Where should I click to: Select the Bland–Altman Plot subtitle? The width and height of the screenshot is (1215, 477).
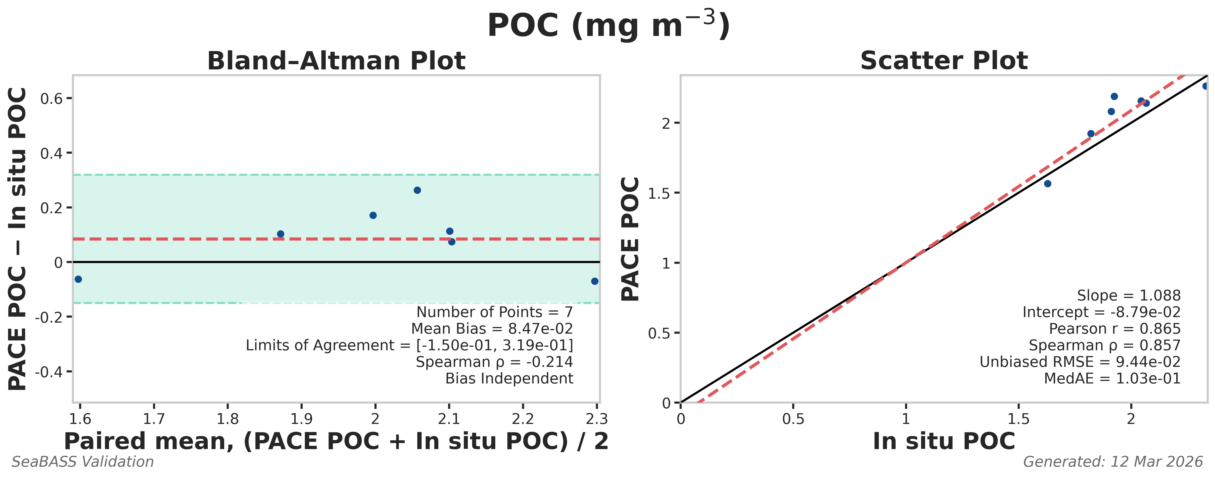coord(336,61)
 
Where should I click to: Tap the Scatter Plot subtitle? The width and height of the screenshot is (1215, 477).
coord(944,61)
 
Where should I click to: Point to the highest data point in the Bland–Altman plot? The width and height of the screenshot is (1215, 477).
coord(417,190)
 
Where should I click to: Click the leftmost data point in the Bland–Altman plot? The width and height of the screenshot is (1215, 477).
coord(78,279)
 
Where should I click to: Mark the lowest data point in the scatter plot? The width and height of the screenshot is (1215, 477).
coord(1048,184)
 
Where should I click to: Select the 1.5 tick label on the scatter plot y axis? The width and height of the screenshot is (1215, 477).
coord(659,193)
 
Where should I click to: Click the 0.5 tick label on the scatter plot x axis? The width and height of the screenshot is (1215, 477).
coord(793,418)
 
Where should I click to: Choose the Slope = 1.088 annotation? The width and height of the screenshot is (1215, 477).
coord(1128,295)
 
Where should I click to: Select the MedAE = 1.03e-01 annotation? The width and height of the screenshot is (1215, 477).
coord(1112,378)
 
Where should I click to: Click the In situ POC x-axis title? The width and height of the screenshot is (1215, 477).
coord(944,441)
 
